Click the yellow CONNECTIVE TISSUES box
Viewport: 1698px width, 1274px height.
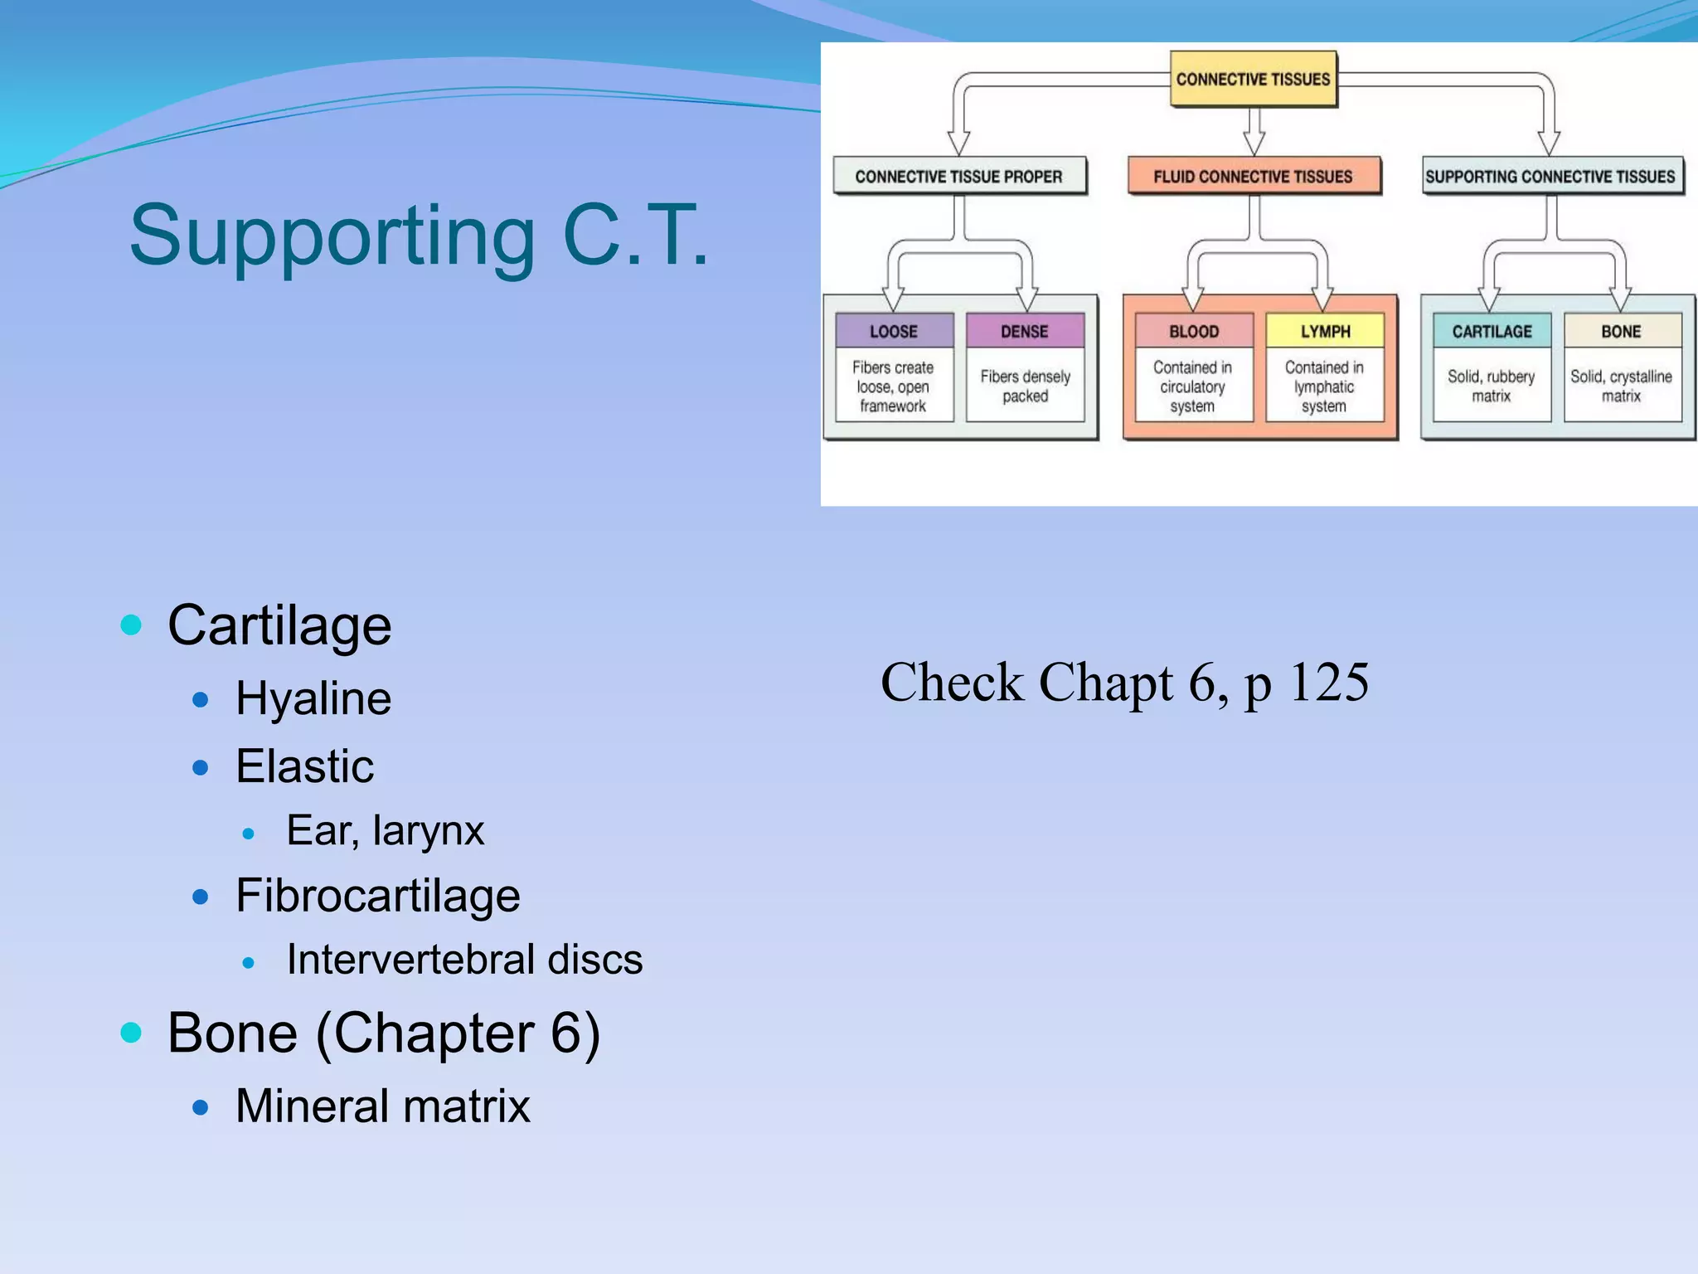pos(1253,79)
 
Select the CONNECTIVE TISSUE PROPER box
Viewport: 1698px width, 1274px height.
pos(958,176)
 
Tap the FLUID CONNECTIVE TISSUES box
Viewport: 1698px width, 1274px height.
pos(1253,176)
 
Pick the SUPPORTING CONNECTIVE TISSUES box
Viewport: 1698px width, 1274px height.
pos(1550,176)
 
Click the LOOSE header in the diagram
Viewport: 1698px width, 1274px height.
pos(894,331)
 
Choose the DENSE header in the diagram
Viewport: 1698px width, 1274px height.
pos(1025,331)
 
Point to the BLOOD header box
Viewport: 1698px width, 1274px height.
pos(1194,331)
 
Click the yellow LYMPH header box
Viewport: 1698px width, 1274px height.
pos(1325,331)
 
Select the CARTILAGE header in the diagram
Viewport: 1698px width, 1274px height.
pos(1492,331)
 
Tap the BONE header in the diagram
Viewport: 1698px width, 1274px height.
pos(1621,331)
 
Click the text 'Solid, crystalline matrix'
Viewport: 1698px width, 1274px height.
pos(1621,386)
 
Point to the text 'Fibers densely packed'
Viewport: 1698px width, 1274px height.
pos(1026,386)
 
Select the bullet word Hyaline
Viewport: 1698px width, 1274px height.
pos(313,698)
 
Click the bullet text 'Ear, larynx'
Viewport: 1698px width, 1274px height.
pos(386,830)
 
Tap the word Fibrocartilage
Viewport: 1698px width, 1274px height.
pos(378,896)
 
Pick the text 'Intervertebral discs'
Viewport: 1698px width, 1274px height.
pos(464,960)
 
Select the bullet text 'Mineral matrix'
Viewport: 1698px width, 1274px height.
pos(383,1106)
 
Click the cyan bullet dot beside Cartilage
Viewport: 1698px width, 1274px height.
pos(131,624)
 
